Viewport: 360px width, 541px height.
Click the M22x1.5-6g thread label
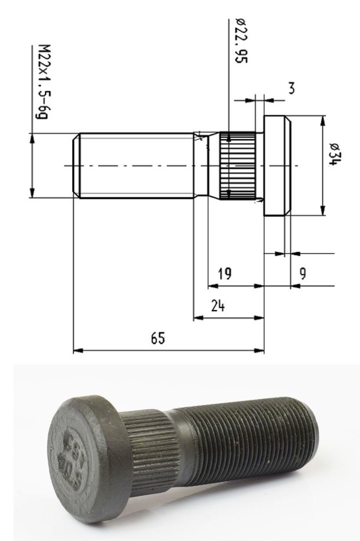[x=42, y=83]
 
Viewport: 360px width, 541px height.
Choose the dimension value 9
[x=303, y=274]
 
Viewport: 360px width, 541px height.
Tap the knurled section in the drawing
[x=237, y=166]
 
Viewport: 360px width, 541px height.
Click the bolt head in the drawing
[x=277, y=166]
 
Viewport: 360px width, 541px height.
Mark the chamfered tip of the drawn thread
[x=76, y=166]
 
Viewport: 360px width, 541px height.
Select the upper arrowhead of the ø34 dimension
[x=322, y=119]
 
